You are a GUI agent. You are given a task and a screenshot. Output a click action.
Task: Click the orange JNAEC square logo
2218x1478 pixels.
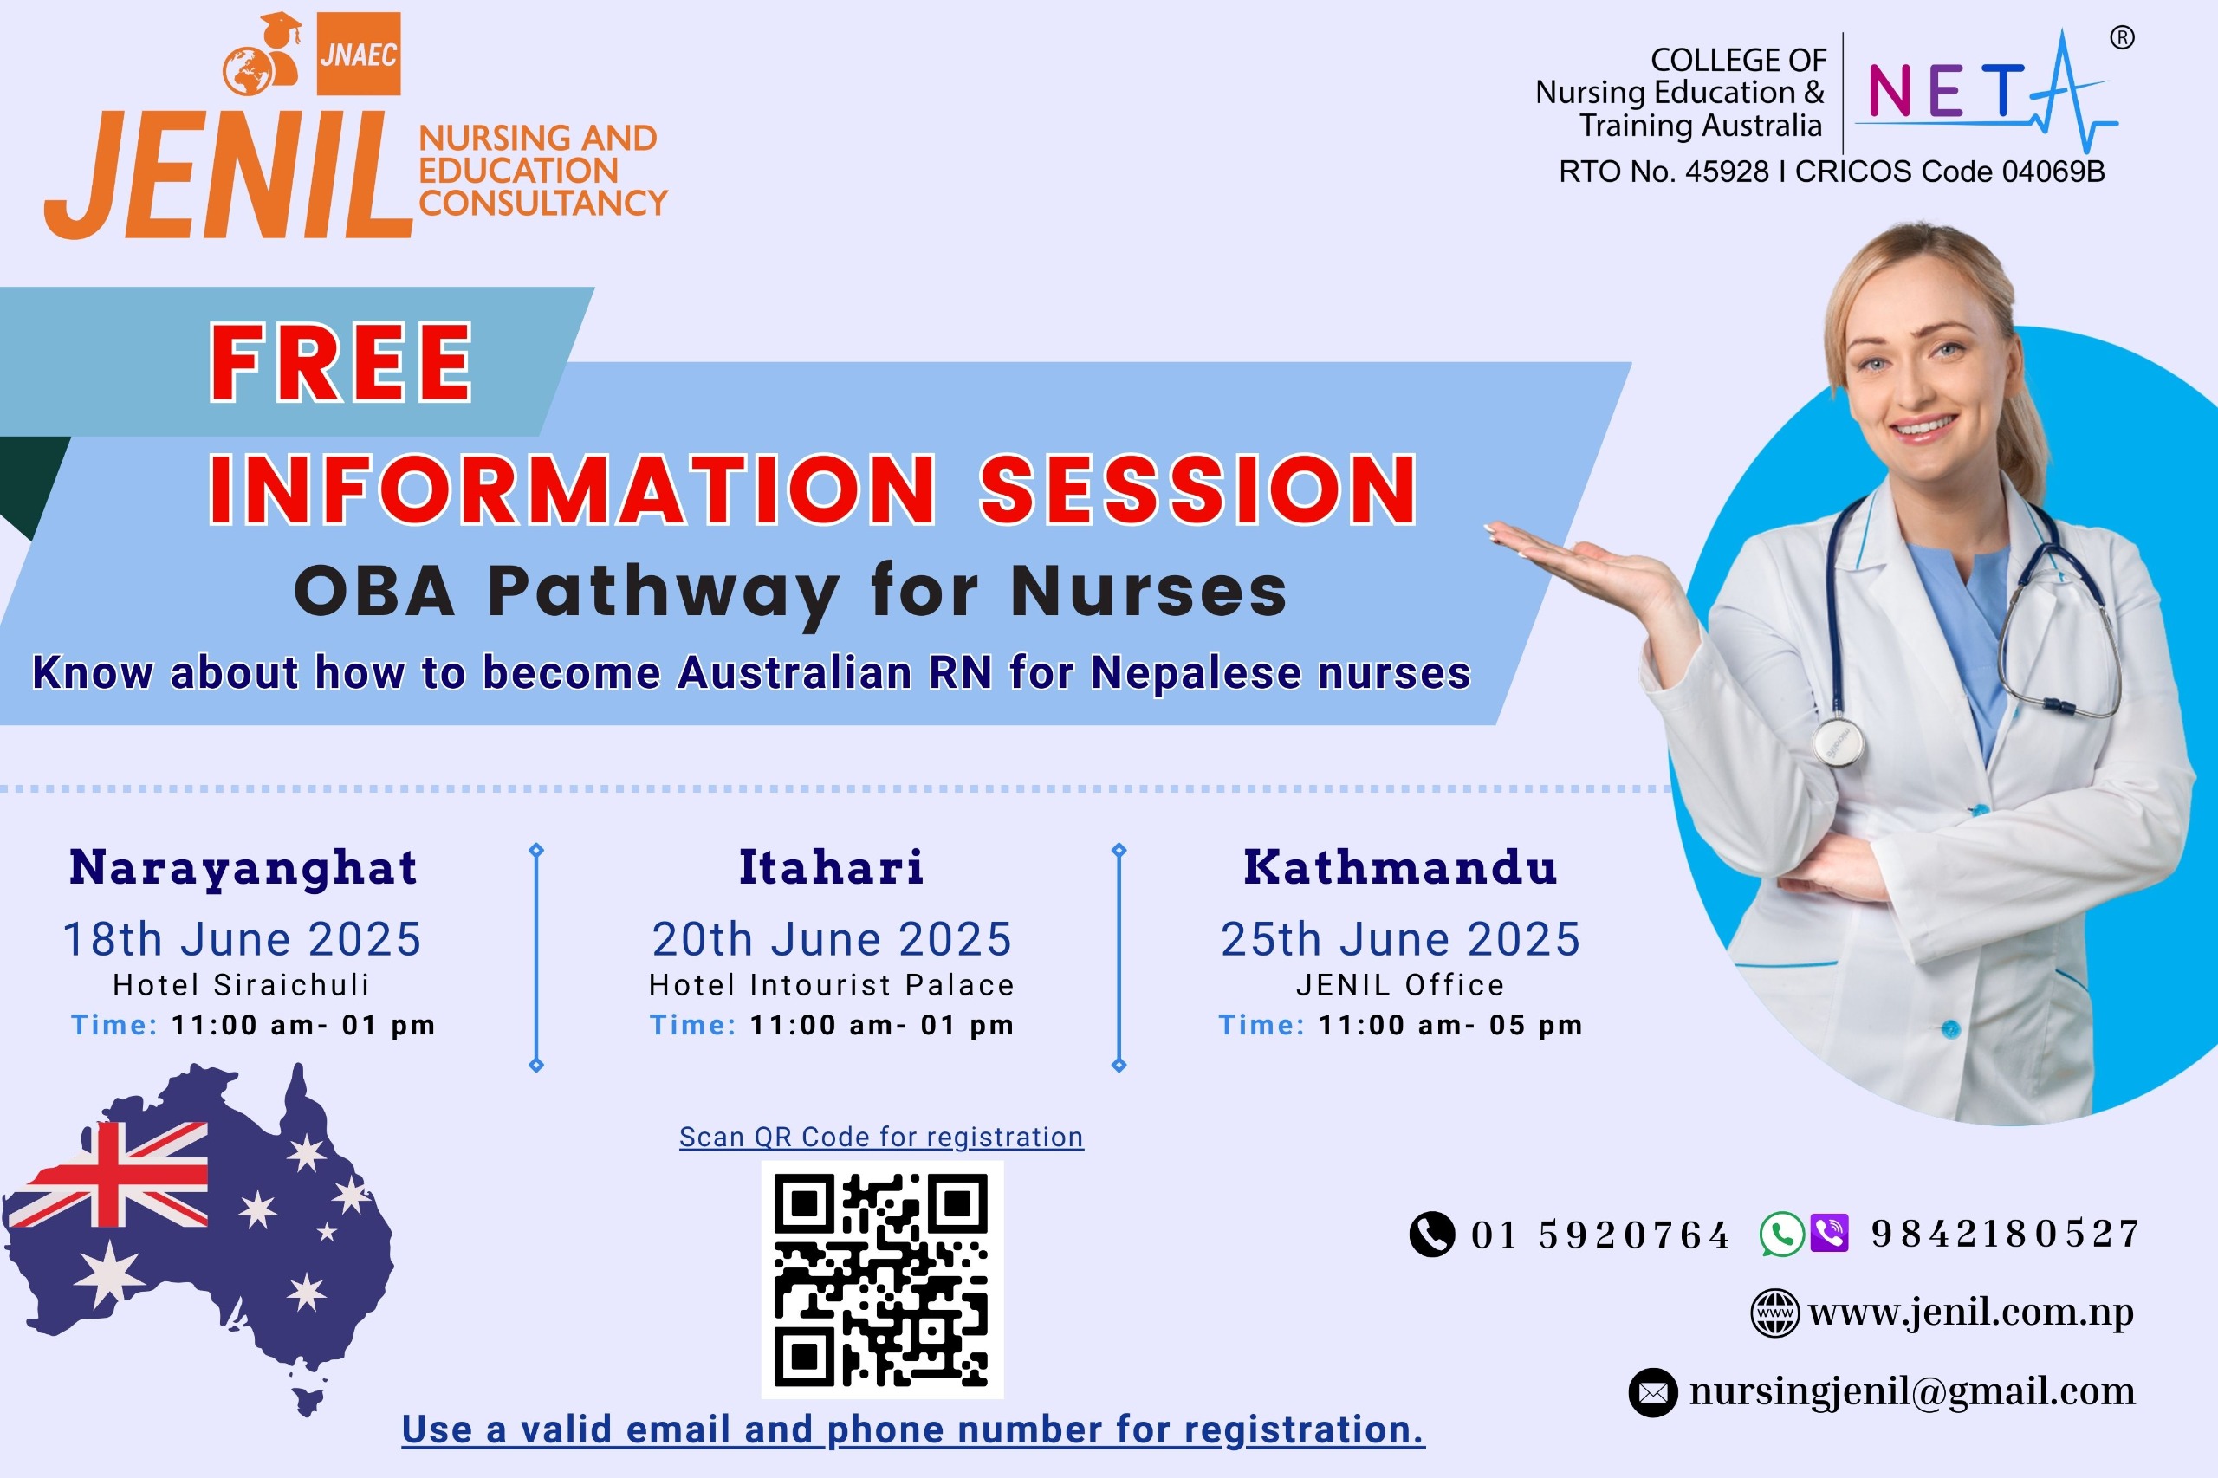click(358, 54)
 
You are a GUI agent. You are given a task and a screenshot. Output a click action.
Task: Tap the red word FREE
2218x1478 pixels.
click(340, 363)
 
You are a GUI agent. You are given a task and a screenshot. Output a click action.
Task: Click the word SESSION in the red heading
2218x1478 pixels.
click(1198, 489)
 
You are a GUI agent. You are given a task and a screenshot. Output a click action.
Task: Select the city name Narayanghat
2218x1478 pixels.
click(243, 868)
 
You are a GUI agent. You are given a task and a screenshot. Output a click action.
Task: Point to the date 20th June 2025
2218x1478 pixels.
click(832, 939)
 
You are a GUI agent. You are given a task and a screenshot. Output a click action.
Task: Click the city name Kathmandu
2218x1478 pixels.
click(1400, 867)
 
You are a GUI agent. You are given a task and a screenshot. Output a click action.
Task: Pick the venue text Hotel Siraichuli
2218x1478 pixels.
click(242, 985)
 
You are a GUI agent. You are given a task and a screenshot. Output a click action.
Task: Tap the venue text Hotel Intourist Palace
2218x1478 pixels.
click(832, 985)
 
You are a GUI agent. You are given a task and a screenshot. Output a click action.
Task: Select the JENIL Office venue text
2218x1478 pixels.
click(1400, 985)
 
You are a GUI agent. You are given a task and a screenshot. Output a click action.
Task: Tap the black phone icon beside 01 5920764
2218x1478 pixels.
click(1432, 1234)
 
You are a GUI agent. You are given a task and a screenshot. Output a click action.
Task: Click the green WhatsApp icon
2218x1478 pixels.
click(1781, 1234)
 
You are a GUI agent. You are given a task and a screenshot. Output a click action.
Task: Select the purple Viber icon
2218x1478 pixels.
click(1830, 1233)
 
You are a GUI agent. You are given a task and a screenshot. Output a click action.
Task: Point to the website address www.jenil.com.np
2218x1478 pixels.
click(1970, 1313)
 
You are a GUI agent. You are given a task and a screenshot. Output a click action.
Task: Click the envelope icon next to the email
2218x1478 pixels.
click(1652, 1392)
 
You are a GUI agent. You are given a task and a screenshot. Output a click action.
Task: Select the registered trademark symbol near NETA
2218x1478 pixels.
click(2122, 38)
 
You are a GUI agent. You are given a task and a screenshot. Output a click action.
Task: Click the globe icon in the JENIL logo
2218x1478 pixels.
click(247, 71)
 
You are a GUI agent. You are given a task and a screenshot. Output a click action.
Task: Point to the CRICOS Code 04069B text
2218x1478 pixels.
click(1949, 172)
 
